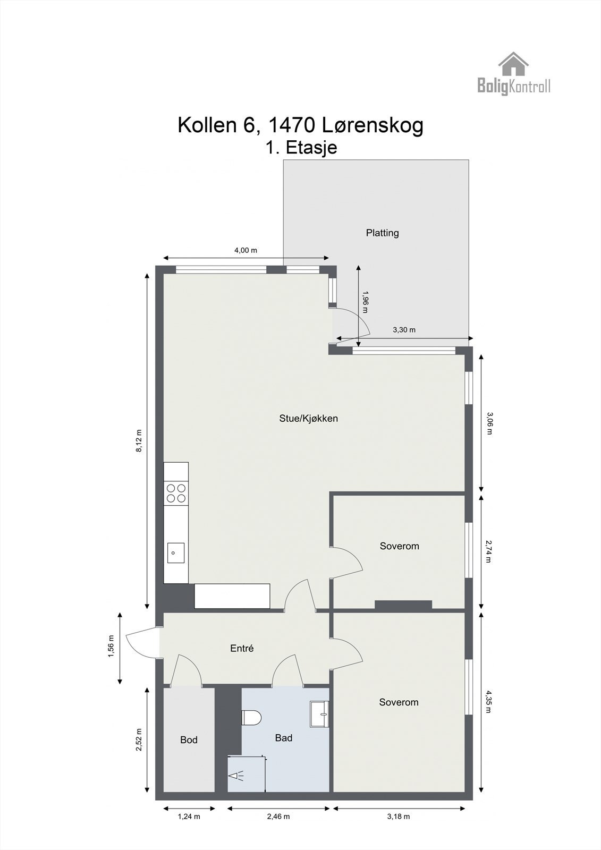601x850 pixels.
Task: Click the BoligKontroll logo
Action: [513, 74]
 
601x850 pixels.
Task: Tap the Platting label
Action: [382, 233]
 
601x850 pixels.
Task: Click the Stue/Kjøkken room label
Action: [308, 418]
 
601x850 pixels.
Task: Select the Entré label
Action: [242, 648]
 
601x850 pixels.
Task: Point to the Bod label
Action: [189, 739]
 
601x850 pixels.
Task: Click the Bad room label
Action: [284, 737]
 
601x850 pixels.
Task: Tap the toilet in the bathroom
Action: [251, 718]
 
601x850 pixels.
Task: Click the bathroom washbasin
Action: [320, 714]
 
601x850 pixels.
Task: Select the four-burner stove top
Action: [176, 493]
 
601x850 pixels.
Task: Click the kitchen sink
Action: [175, 552]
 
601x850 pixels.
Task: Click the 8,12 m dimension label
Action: [139, 441]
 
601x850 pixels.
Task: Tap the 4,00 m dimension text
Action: [246, 251]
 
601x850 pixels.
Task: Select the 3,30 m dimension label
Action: [404, 330]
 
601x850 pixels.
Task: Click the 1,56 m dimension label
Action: [111, 646]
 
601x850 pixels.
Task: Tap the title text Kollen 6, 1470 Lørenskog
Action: [300, 125]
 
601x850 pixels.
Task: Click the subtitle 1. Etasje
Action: [301, 148]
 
